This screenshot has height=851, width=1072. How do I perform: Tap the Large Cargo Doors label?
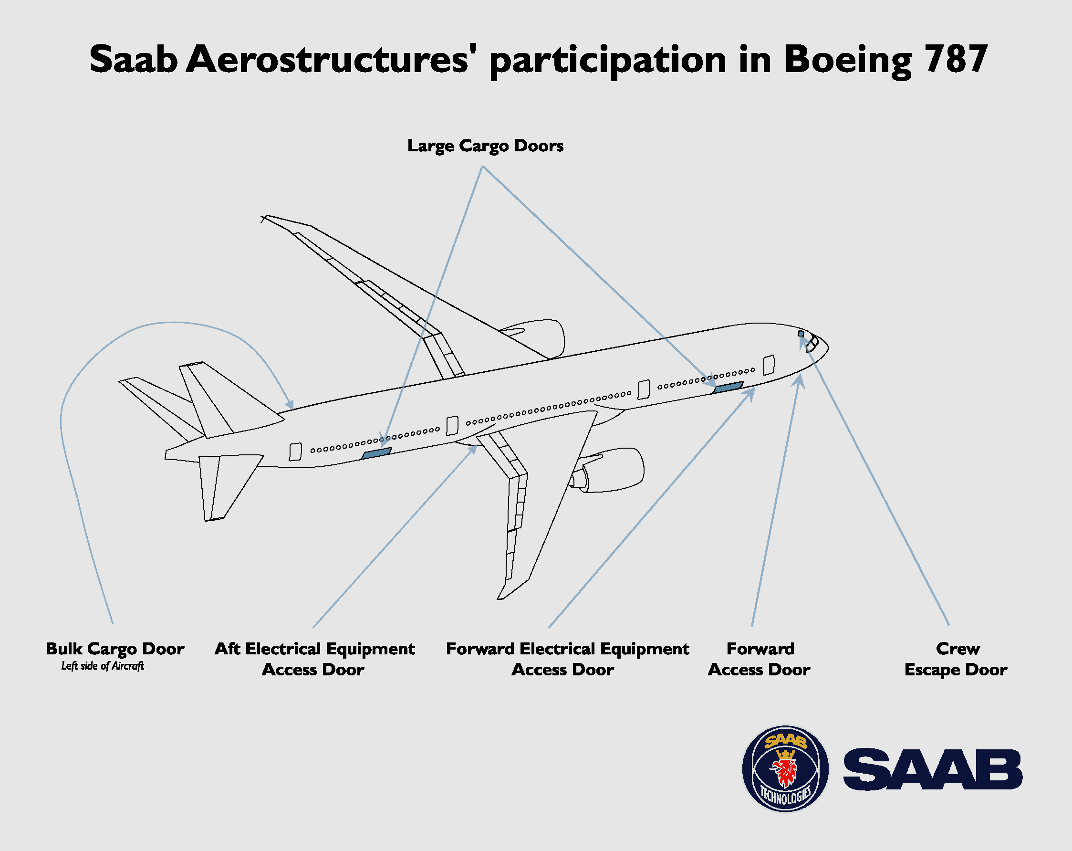click(x=485, y=146)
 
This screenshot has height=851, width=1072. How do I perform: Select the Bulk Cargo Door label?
click(x=115, y=649)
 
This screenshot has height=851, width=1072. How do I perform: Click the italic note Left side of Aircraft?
click(x=103, y=666)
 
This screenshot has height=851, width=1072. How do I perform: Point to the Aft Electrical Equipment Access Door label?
click(x=314, y=659)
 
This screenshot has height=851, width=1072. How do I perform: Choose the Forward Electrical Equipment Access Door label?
click(x=567, y=659)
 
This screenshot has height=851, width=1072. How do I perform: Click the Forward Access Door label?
click(x=759, y=659)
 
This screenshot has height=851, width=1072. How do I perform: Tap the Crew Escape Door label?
click(x=956, y=659)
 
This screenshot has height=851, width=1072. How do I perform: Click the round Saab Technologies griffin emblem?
click(x=785, y=768)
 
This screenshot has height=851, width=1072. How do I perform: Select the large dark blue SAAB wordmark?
click(x=933, y=769)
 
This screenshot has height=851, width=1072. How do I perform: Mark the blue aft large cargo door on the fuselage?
click(x=376, y=453)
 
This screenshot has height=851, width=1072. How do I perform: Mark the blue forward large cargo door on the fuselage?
click(x=728, y=387)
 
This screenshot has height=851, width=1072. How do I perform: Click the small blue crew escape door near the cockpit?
click(x=801, y=334)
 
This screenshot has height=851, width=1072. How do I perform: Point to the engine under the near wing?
click(x=609, y=470)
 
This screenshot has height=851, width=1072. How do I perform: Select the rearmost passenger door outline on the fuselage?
click(x=295, y=452)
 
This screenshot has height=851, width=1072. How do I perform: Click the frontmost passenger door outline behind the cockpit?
click(x=769, y=365)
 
